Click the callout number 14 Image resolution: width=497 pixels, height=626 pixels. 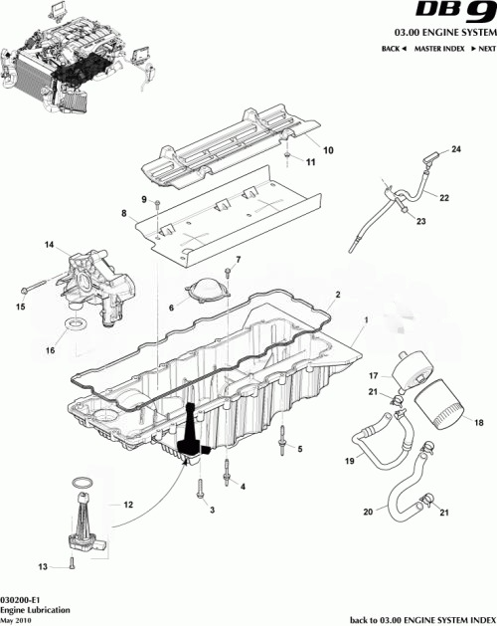tap(47, 244)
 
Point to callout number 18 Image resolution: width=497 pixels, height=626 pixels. tap(478, 423)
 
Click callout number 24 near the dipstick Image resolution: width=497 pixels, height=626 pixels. tap(457, 149)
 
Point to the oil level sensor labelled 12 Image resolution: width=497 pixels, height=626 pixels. tap(86, 520)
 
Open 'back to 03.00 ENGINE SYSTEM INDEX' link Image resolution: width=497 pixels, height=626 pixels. tap(422, 618)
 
